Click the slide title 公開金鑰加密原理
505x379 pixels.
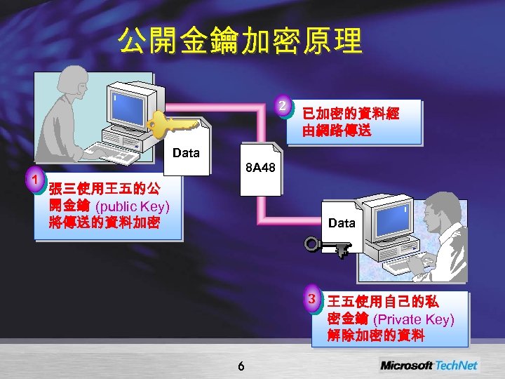pyautogui.click(x=241, y=41)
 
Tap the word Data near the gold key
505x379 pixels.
pyautogui.click(x=185, y=152)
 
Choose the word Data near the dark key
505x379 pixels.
pyautogui.click(x=342, y=222)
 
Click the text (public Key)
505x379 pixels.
pyautogui.click(x=132, y=206)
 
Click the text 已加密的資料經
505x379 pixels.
pyautogui.click(x=351, y=114)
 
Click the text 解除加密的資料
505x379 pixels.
pyautogui.click(x=376, y=335)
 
